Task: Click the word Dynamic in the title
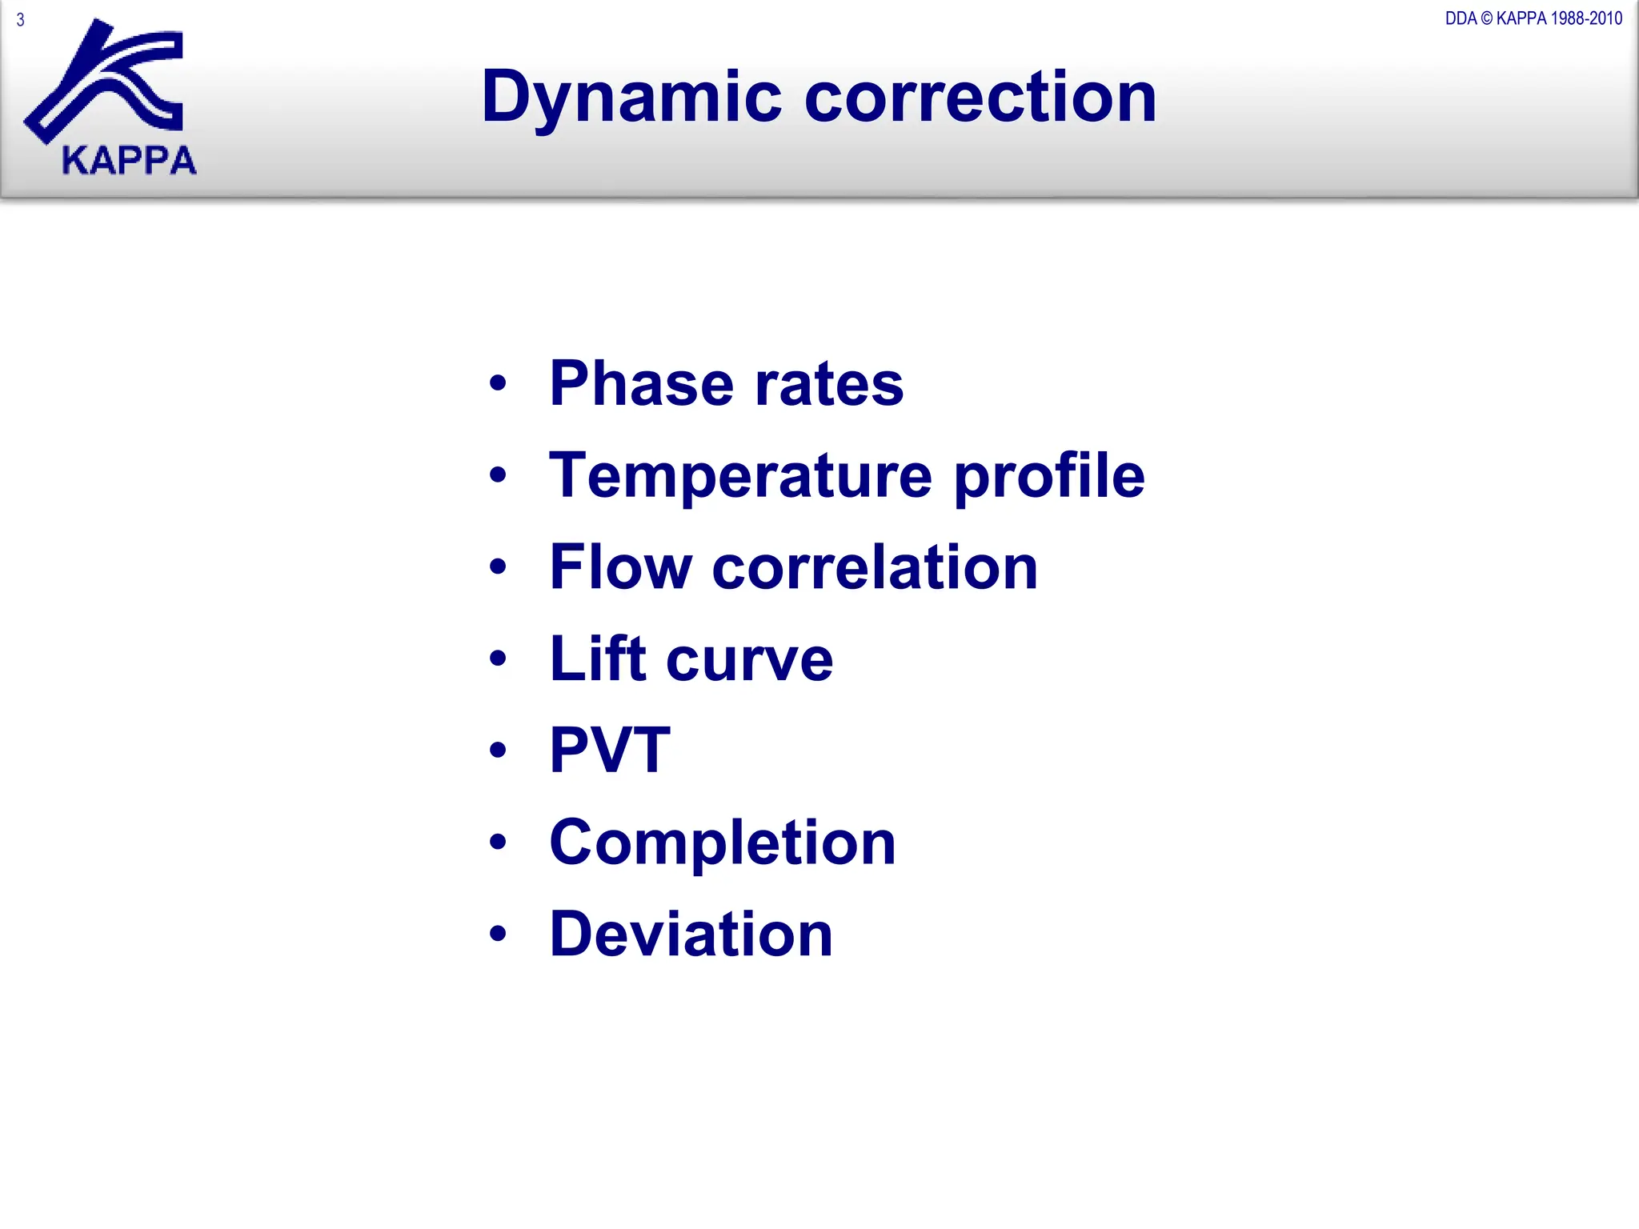[631, 98]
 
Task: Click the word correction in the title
[980, 98]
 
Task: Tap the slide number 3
[21, 20]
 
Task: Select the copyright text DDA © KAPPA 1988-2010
[1533, 18]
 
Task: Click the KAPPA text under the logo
[129, 161]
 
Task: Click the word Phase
[641, 384]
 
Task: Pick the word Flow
[620, 567]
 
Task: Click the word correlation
[875, 567]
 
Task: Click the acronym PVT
[610, 750]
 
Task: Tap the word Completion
[722, 843]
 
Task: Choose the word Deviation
[691, 934]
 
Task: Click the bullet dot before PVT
[498, 751]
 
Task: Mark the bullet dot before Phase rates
[498, 383]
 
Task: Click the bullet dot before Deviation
[498, 934]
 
